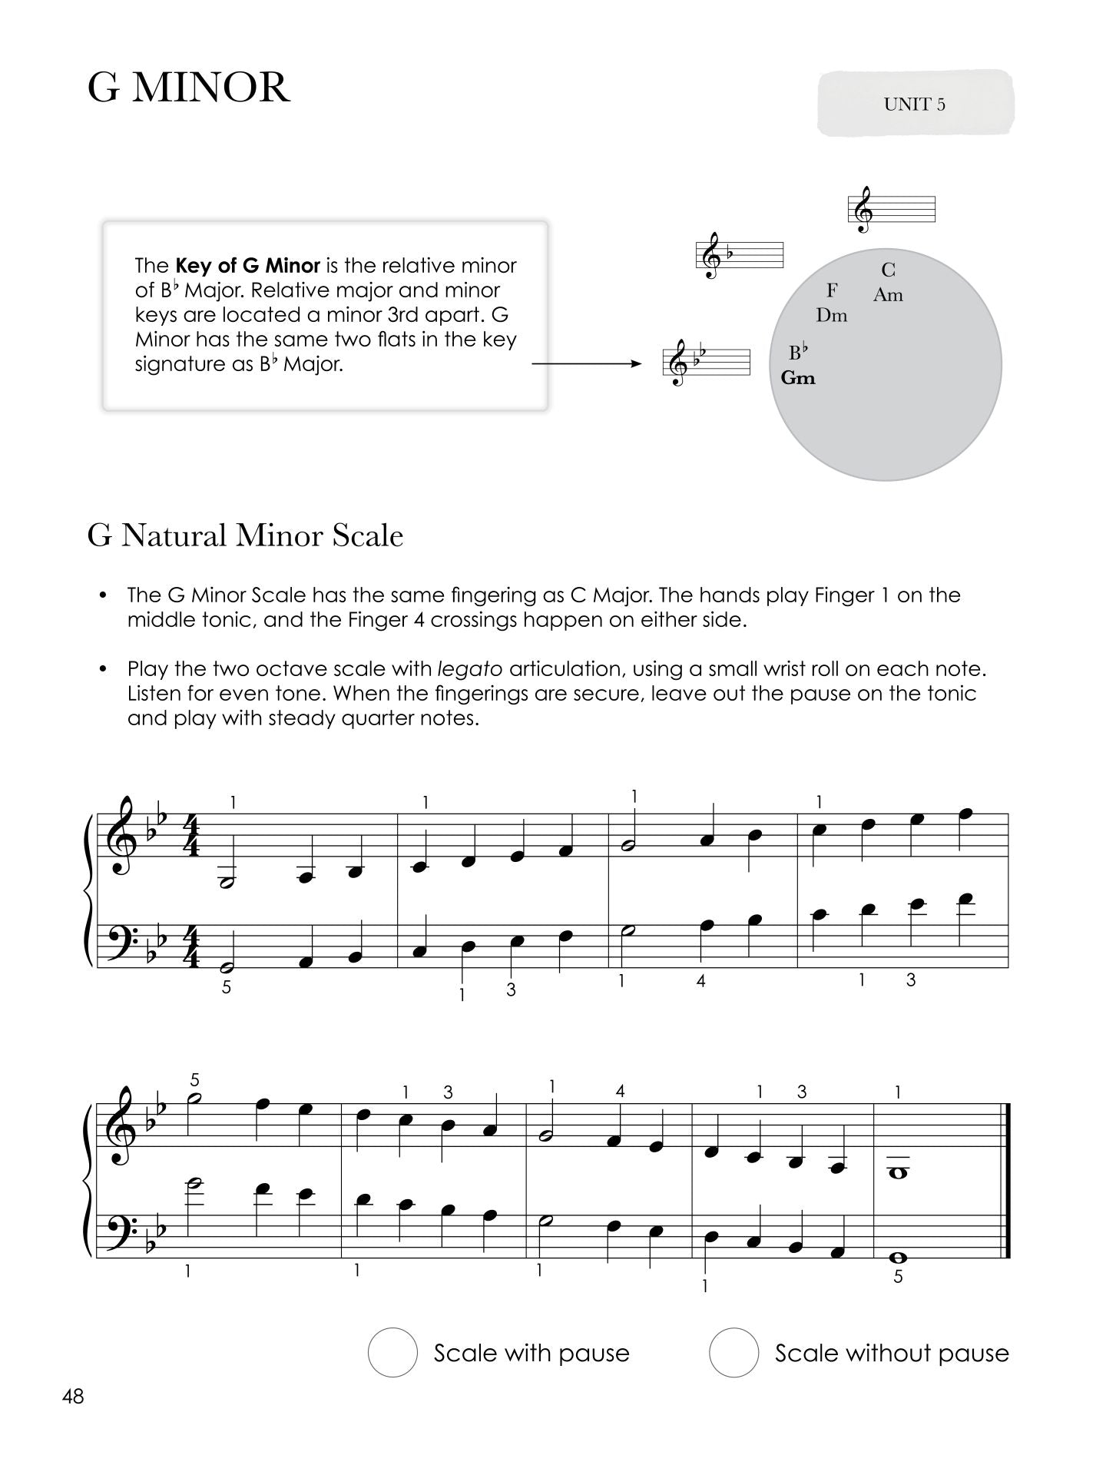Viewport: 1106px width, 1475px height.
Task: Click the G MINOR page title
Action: pos(189,88)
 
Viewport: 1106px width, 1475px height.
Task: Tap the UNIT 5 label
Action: pos(914,104)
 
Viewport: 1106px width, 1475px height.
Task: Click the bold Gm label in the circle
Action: pos(798,378)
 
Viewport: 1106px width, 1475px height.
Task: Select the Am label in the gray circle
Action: pos(888,295)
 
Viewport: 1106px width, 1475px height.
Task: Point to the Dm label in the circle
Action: pos(831,316)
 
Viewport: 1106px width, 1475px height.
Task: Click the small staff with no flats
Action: pos(891,209)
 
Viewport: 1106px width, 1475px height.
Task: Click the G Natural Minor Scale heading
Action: pos(245,535)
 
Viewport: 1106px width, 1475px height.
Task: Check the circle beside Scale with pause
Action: pos(392,1352)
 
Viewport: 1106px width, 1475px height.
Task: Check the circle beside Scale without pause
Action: pos(733,1352)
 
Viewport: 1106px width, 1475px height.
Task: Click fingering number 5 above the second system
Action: pos(195,1080)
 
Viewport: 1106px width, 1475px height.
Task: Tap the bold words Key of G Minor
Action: pos(248,266)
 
